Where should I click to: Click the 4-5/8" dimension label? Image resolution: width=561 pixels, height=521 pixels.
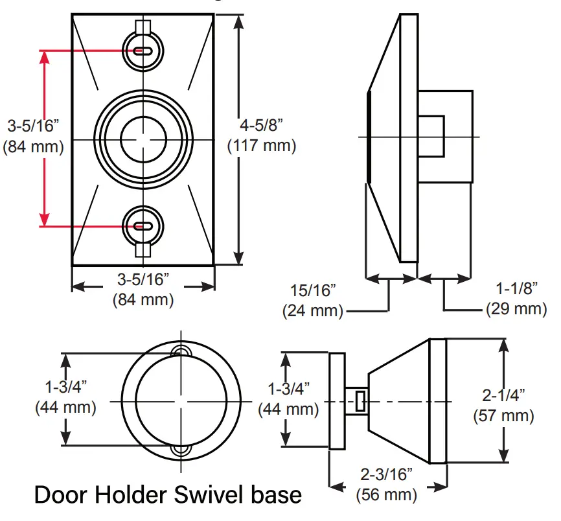click(x=262, y=124)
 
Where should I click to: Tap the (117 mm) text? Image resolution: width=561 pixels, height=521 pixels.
click(x=262, y=146)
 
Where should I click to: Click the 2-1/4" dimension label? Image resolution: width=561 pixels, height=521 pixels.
click(x=504, y=394)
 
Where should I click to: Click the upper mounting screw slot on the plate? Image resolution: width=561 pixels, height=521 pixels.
click(x=143, y=51)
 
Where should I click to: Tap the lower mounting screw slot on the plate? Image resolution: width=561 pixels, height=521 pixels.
click(x=143, y=226)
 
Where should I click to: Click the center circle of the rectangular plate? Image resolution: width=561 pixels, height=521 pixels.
click(x=143, y=139)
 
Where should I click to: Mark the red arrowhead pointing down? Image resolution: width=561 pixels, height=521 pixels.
click(x=45, y=219)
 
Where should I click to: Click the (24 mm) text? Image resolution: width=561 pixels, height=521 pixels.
click(x=312, y=310)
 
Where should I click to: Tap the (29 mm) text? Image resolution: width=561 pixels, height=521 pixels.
click(x=517, y=309)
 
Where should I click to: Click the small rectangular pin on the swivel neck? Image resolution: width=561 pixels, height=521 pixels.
click(x=360, y=400)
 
